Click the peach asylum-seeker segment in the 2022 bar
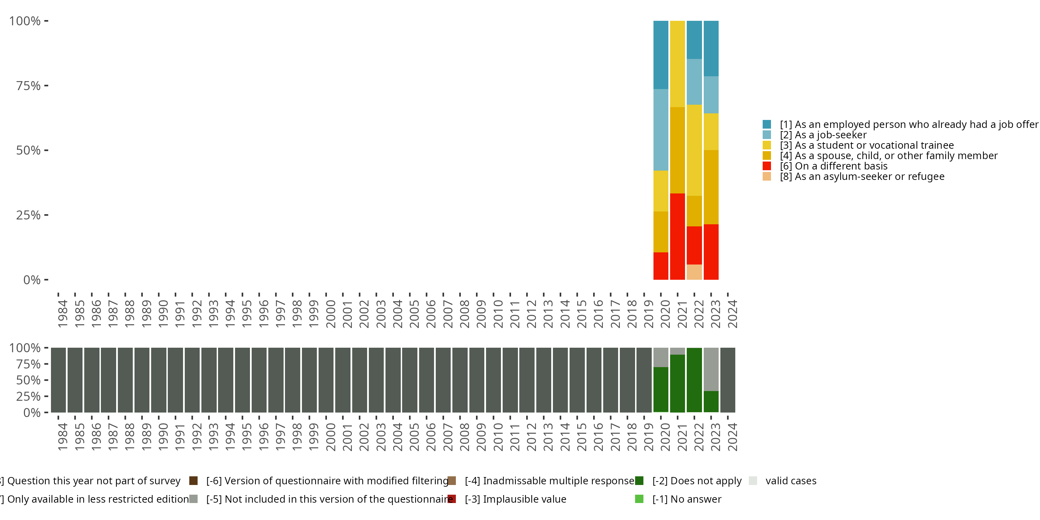tap(694, 272)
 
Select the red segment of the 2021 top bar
tap(677, 236)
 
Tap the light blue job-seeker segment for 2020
tap(660, 130)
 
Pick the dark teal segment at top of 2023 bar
tap(711, 49)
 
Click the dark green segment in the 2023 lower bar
tap(711, 401)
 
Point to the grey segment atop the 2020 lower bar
tap(660, 357)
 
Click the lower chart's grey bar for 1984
tap(59, 380)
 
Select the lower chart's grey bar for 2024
tap(728, 380)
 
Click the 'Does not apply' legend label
tap(697, 481)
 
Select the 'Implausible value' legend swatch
tap(452, 499)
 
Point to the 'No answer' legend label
tap(687, 499)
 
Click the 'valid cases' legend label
tap(790, 481)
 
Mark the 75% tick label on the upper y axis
tap(28, 86)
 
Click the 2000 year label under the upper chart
tap(331, 314)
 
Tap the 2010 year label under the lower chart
tap(498, 437)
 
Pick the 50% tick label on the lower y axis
tap(28, 380)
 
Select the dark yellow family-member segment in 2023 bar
tap(711, 187)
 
